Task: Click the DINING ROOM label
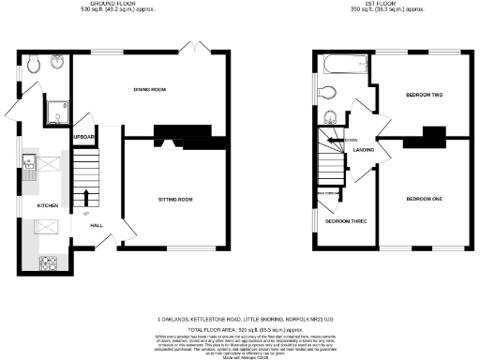pos(149,89)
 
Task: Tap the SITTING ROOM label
pos(173,199)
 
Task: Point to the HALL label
pos(96,226)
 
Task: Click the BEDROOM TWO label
pos(424,95)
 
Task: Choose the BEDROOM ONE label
pos(424,199)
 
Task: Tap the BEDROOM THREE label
pos(345,221)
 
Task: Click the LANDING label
pos(365,149)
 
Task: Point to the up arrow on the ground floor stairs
pos(86,198)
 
